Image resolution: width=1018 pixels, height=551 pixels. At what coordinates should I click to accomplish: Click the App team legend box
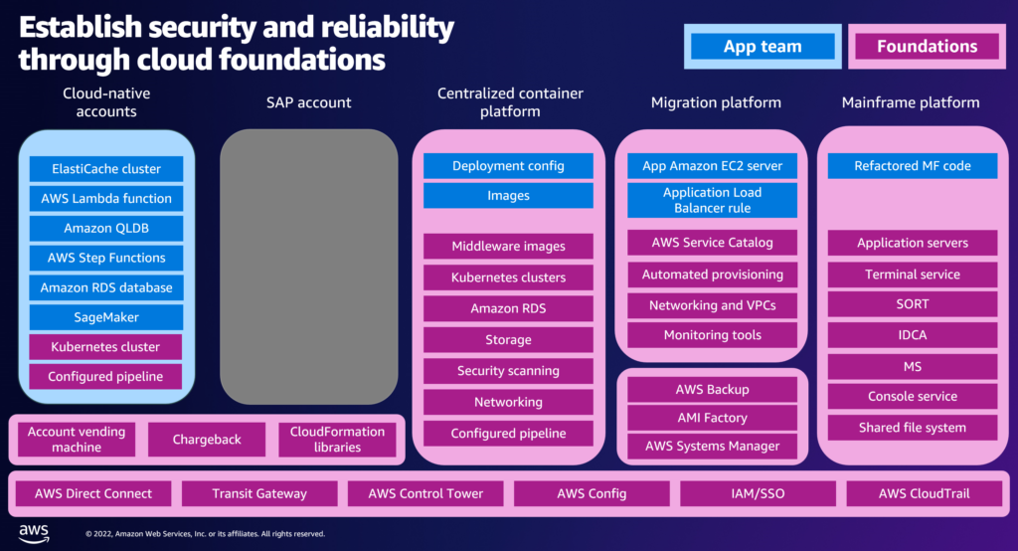pos(763,47)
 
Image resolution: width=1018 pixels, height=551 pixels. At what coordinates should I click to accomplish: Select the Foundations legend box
pos(928,47)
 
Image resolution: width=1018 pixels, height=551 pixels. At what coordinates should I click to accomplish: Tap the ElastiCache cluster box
pos(106,169)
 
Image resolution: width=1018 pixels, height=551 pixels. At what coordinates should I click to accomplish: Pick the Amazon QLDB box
pos(106,228)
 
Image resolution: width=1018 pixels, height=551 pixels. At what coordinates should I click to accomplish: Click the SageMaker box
pos(106,317)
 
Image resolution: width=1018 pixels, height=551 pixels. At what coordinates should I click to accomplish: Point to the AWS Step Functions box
pos(106,258)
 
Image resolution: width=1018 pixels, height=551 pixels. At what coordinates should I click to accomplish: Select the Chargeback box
pos(207,440)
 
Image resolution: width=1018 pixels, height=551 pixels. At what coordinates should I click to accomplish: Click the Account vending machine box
pos(77,440)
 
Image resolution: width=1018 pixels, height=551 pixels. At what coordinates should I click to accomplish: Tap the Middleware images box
pos(508,247)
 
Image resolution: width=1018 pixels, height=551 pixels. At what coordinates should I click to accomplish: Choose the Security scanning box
pos(508,371)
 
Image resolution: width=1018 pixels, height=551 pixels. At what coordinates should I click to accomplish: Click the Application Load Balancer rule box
pos(712,200)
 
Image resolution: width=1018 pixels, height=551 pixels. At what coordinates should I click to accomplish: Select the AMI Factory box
pos(712,418)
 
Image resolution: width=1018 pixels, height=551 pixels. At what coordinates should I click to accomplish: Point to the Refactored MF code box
pos(913,166)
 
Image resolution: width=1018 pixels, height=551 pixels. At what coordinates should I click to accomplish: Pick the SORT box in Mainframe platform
pos(913,304)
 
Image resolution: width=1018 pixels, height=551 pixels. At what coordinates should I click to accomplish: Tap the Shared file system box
pos(913,428)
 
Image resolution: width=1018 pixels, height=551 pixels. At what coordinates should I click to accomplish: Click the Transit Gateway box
pos(259,494)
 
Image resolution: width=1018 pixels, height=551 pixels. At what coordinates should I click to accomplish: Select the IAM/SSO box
pos(758,494)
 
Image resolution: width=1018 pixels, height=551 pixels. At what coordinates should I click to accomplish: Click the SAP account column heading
pos(308,102)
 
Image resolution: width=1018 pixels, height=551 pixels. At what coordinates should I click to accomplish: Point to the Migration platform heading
pos(716,102)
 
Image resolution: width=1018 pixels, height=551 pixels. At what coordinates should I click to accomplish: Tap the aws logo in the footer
pos(34,533)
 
